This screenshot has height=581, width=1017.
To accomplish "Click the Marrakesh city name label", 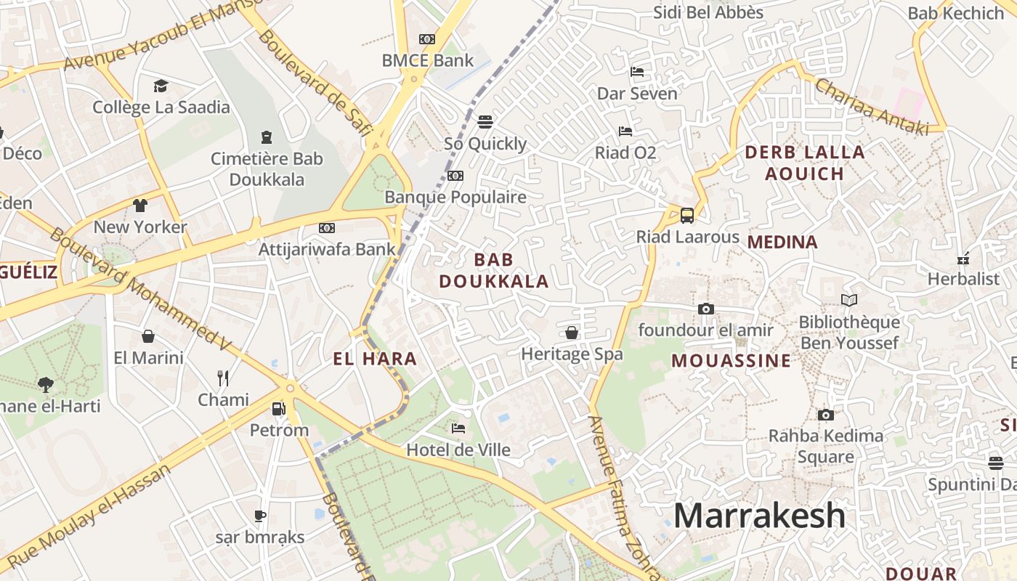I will (x=759, y=516).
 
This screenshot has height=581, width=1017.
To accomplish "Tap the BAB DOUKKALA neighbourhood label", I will (x=494, y=270).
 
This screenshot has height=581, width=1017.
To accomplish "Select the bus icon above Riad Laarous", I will (x=686, y=216).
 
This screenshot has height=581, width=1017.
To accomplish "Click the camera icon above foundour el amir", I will (x=705, y=309).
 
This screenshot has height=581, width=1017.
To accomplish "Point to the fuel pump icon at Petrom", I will (x=278, y=409).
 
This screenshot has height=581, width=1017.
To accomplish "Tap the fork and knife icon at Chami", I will (x=223, y=378).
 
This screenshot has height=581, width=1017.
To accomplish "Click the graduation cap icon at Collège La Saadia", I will (x=161, y=86).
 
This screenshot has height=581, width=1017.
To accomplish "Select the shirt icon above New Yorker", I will (x=139, y=206).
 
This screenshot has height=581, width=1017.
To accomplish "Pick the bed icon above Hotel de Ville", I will (x=458, y=428).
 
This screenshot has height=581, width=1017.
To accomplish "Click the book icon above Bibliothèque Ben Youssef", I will (x=848, y=300).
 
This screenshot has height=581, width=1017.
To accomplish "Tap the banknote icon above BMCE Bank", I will (x=427, y=39).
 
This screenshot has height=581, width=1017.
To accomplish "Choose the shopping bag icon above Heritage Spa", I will (x=572, y=333).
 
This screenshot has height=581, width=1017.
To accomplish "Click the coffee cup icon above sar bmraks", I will (x=259, y=516).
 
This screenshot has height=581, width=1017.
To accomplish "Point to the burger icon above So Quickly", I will (x=485, y=121).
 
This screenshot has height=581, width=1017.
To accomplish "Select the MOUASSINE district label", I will (x=731, y=361).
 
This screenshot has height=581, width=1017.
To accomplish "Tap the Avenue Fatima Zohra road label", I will (x=623, y=494).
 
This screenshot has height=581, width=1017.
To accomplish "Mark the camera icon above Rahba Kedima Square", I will (x=825, y=415).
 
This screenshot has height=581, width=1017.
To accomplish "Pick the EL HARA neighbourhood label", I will (x=375, y=358).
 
